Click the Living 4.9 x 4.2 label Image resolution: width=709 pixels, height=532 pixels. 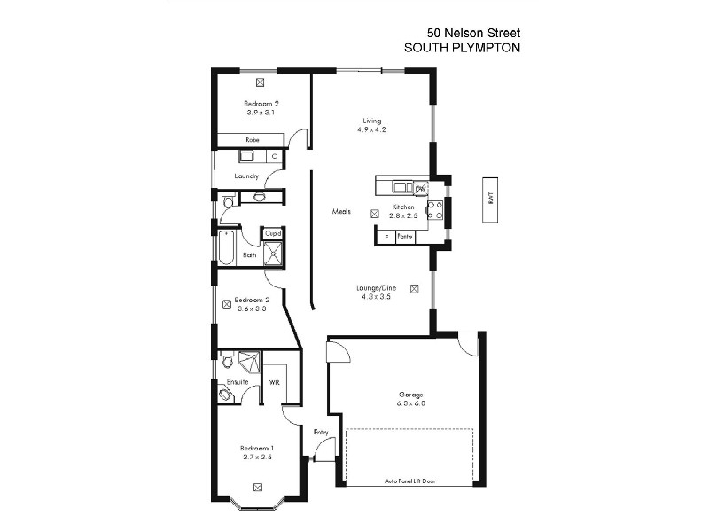pos(371,125)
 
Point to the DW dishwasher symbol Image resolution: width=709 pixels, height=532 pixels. pos(420,187)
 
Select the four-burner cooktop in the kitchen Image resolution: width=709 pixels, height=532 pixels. pos(435,209)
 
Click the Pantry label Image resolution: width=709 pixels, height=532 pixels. pos(406,236)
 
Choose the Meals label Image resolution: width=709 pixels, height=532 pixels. pos(341,212)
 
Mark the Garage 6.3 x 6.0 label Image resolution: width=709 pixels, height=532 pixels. pos(410,398)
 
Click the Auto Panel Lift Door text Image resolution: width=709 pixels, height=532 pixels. pos(409,481)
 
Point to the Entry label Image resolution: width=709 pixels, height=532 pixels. pos(321,433)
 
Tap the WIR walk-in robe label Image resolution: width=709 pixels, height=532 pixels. pos(275,383)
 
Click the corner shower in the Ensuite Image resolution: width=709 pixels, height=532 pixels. pos(248,363)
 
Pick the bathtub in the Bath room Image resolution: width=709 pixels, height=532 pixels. pos(228,248)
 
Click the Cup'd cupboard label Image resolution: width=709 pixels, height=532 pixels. pos(273,234)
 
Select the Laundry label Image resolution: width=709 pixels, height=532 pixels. pos(246,176)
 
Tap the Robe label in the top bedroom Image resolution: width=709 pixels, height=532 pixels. pos(252,140)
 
